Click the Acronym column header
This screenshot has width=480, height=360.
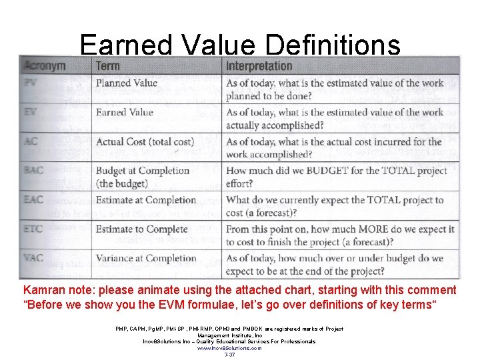point(45,65)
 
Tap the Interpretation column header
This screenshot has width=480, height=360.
point(259,65)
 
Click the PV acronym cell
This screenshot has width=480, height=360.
point(31,83)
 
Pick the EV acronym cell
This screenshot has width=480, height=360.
point(31,112)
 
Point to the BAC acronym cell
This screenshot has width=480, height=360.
point(34,171)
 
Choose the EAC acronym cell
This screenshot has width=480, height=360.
point(34,200)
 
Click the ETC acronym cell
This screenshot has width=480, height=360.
point(33,229)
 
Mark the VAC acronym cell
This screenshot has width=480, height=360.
point(34,259)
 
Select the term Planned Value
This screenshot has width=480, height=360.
point(127,83)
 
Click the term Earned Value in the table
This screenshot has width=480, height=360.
point(125,112)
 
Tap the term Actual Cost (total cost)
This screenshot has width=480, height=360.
point(145,141)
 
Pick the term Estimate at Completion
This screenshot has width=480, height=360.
point(146,200)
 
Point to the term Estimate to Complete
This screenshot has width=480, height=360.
point(142,229)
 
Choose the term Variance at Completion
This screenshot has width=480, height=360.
point(146,259)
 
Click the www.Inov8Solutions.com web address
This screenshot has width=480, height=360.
point(229,348)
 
